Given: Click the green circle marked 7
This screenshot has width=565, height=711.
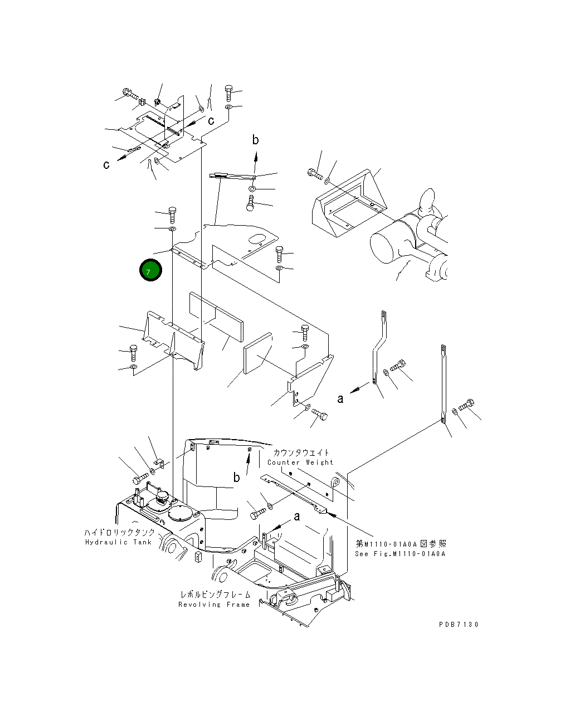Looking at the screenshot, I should [150, 271].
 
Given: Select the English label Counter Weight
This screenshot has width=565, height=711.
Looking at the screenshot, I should [300, 462].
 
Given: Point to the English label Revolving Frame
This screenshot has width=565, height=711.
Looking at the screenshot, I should [214, 605].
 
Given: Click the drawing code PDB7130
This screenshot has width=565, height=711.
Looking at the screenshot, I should [458, 625].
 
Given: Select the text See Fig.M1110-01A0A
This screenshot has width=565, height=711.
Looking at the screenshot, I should [400, 554].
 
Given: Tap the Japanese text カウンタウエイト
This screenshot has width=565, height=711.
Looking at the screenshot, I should [301, 453].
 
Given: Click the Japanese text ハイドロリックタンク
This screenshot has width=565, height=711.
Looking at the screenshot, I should [119, 533].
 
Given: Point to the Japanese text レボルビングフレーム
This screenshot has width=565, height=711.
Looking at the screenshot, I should [215, 595].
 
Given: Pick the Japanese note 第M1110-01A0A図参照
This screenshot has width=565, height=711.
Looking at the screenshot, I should [401, 544].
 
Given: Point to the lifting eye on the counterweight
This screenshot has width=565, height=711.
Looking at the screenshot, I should [336, 481].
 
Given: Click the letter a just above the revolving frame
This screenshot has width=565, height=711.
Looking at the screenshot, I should [297, 517].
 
